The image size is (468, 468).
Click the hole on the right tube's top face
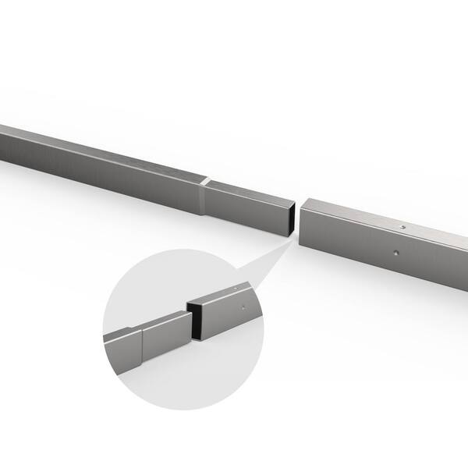coord(402,227)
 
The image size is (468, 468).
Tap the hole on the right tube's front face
coord(396,253)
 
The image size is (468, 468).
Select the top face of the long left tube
coord(101,148)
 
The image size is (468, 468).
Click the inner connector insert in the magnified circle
coord(165,334)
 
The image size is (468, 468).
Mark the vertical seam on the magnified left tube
coord(142,345)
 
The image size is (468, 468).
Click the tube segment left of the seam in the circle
coord(122,349)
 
